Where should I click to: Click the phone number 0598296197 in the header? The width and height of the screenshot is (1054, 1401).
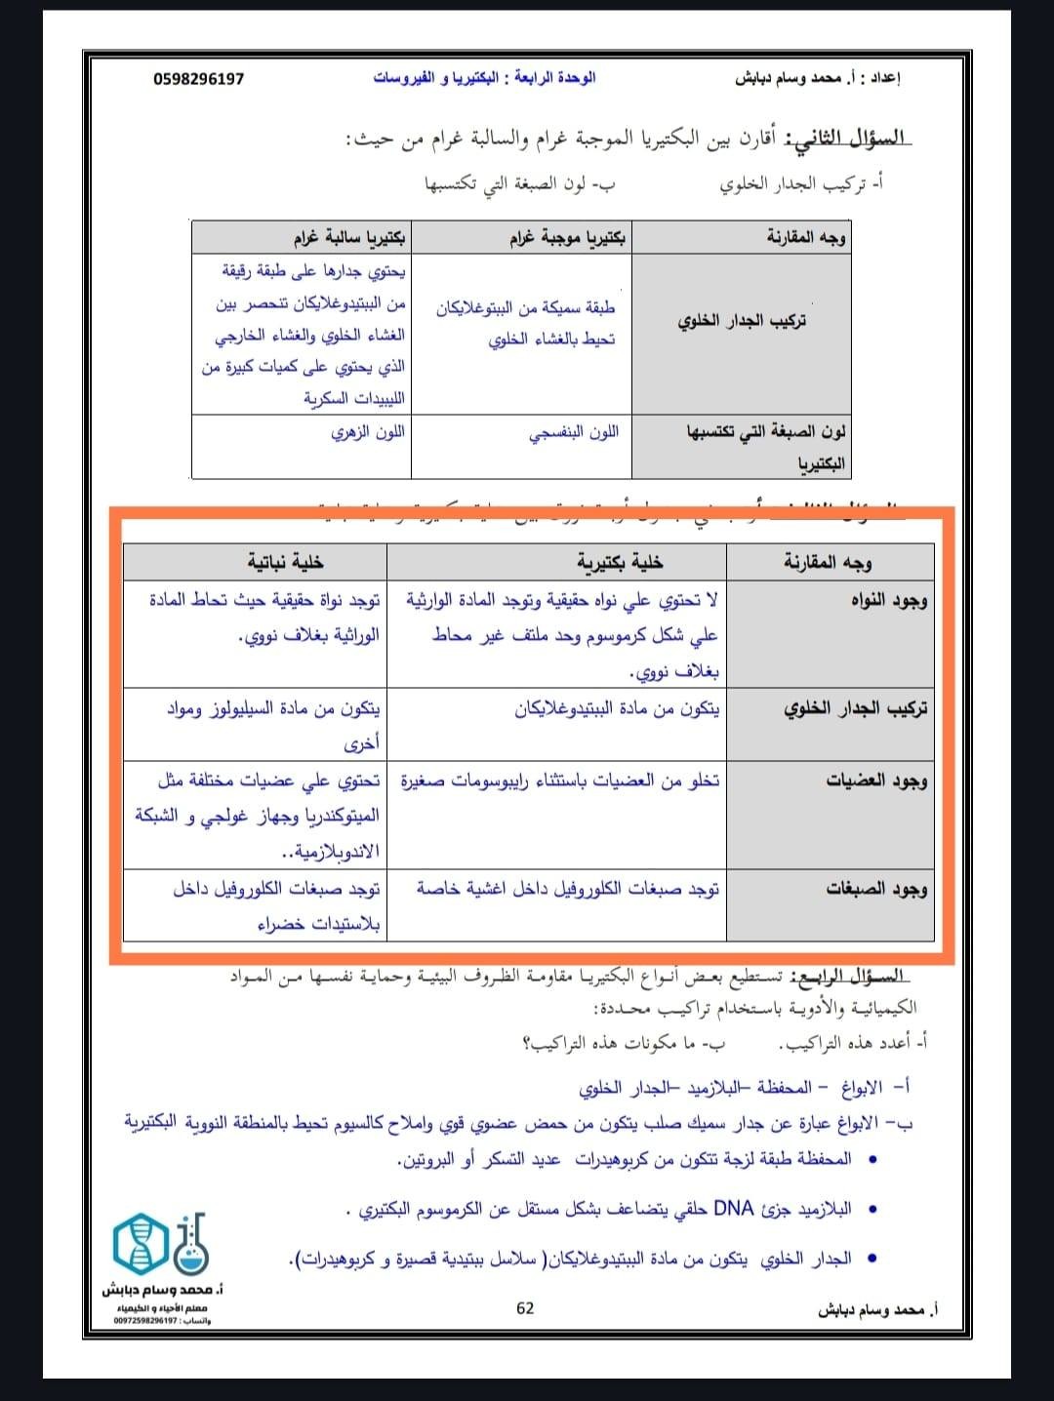[198, 78]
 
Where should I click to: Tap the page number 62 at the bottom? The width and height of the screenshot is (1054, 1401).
[525, 1308]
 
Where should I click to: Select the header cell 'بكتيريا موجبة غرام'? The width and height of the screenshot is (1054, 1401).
[568, 237]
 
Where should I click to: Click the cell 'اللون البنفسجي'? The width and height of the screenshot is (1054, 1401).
[574, 432]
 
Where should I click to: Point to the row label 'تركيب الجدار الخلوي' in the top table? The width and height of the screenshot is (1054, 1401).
[742, 320]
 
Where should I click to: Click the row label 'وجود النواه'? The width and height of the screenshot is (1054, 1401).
[888, 600]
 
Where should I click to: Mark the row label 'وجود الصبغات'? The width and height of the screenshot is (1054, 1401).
[876, 889]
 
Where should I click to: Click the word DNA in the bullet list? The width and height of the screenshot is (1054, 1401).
[734, 1209]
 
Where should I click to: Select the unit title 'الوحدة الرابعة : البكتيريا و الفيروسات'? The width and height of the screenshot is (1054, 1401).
[484, 78]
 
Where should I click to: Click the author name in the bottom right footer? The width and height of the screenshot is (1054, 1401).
[877, 1310]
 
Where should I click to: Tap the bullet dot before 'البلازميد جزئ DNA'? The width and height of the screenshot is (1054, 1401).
[872, 1210]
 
